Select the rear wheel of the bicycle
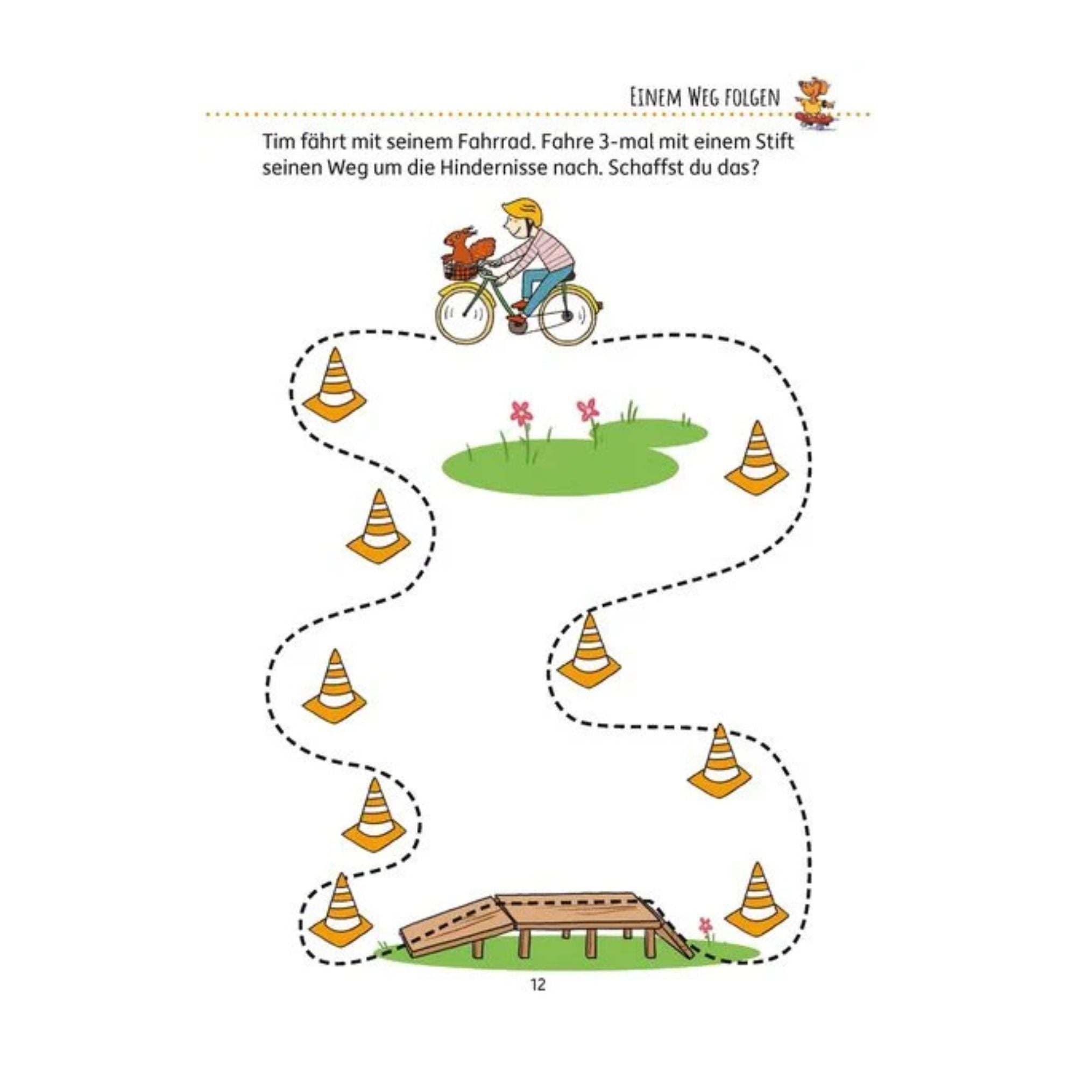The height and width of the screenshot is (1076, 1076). point(568,316)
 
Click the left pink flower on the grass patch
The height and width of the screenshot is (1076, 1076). point(521,413)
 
